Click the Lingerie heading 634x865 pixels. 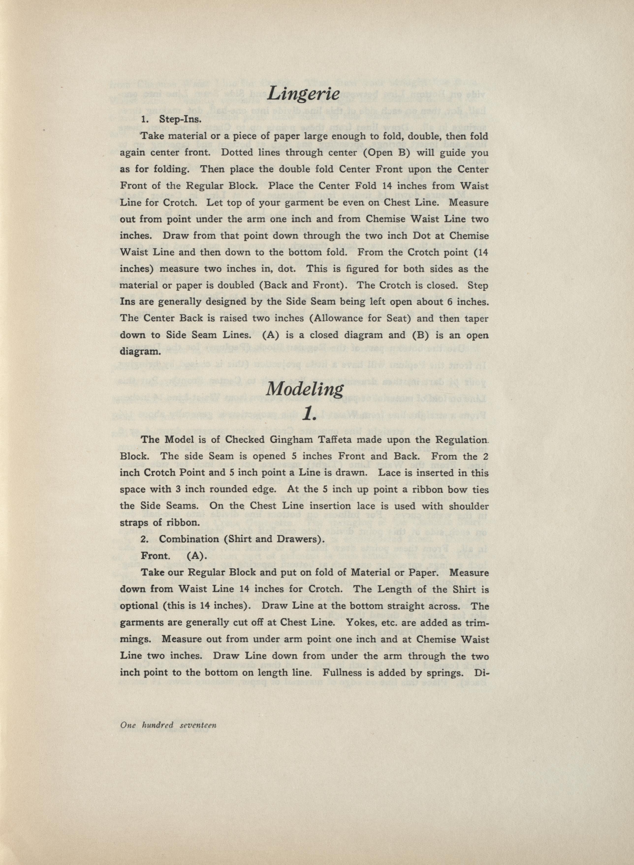(303, 93)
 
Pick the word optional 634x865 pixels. (140, 606)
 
